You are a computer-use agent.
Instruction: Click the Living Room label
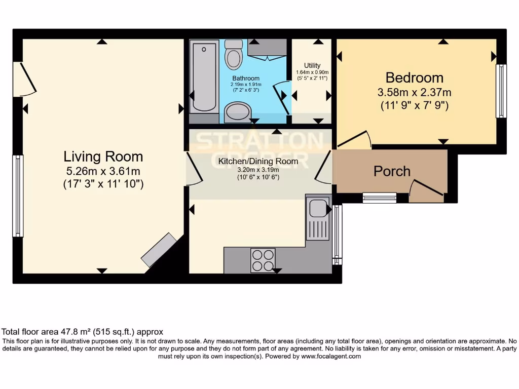(103, 157)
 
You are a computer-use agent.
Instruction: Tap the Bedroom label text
(414, 77)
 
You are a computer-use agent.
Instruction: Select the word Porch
(392, 171)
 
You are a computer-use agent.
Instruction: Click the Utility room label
(312, 65)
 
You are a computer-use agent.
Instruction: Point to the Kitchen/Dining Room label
(258, 162)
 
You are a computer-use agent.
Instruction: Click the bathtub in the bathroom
(205, 76)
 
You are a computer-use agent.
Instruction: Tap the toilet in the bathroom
(234, 55)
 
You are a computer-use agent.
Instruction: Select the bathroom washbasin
(238, 112)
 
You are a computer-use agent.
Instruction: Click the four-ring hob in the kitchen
(263, 260)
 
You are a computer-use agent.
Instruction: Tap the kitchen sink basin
(318, 208)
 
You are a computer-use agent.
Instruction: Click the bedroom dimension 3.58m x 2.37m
(414, 93)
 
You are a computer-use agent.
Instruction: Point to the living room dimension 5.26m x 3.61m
(103, 171)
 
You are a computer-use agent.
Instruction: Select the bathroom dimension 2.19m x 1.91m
(246, 84)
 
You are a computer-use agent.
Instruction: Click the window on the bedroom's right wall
(501, 91)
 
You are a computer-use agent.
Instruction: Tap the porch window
(380, 198)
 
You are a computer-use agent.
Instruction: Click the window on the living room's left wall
(18, 196)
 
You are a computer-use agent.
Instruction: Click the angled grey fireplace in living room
(159, 250)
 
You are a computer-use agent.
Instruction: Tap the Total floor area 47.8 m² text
(83, 332)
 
